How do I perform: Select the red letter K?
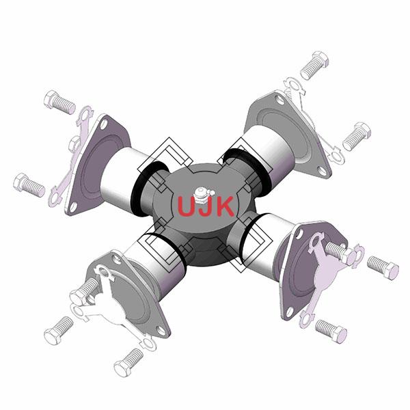coord(223,206)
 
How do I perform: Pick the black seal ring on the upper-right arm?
coord(249,170)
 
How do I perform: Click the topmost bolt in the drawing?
coord(314,65)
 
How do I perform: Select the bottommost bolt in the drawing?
coord(128,362)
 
